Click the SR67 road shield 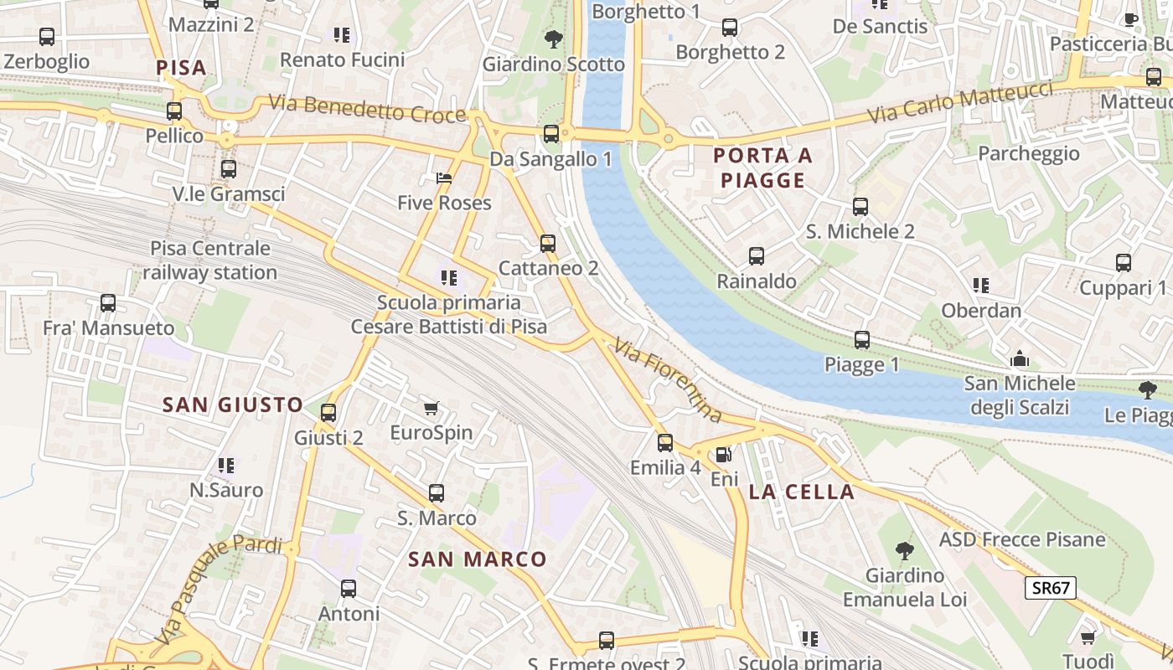(x=1051, y=588)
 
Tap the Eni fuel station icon (x=723, y=455)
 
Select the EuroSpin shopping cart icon (x=431, y=409)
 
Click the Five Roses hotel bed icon (x=444, y=178)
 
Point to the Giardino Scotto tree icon (x=553, y=39)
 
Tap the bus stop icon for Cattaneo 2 (x=548, y=244)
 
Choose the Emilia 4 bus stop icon (x=665, y=443)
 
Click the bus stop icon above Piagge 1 (x=862, y=340)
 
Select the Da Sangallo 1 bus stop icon (x=551, y=134)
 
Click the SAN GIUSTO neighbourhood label (x=233, y=405)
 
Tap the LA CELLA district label (x=802, y=492)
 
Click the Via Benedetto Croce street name (x=367, y=109)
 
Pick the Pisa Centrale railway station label (x=210, y=260)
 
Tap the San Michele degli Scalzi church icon (x=1020, y=359)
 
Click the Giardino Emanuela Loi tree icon (x=904, y=551)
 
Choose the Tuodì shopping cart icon (x=1088, y=638)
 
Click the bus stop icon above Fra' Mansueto (x=108, y=303)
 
